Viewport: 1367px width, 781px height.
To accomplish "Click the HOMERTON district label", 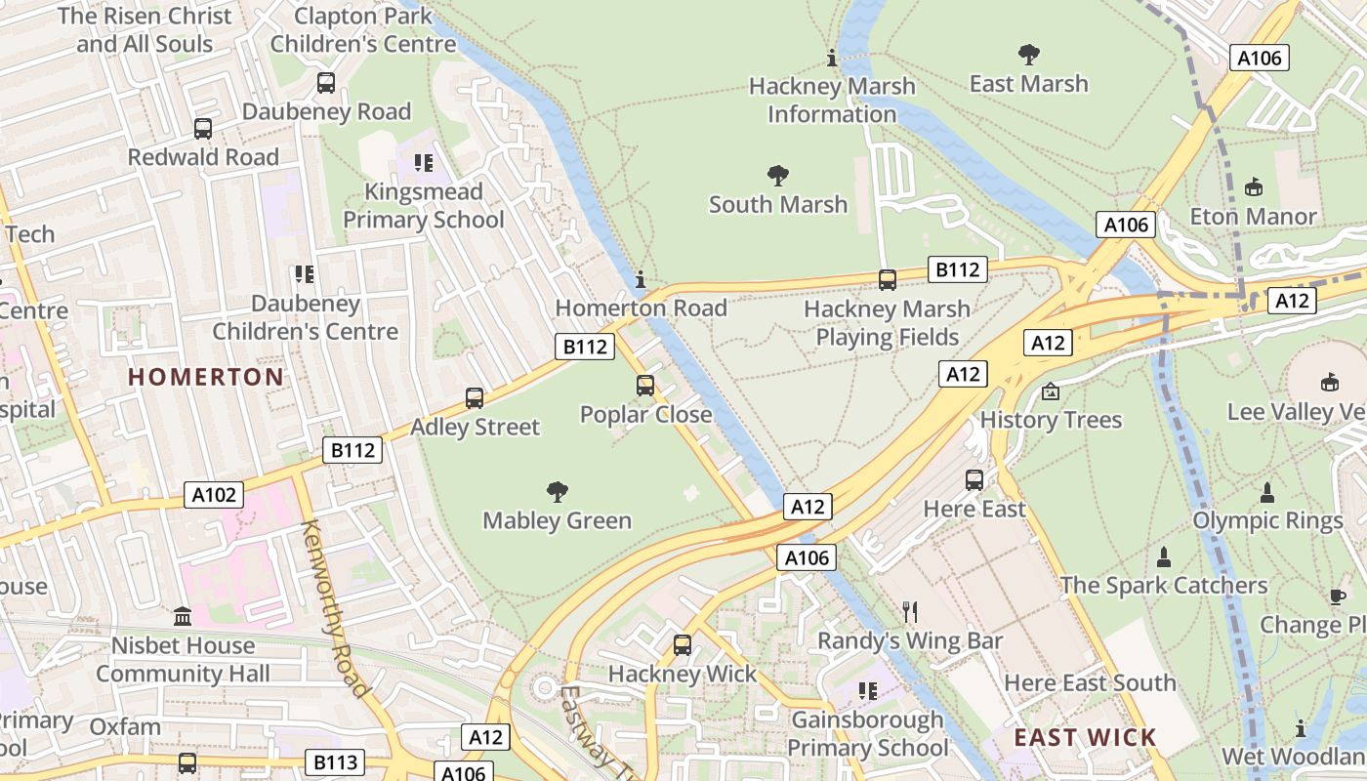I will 206,377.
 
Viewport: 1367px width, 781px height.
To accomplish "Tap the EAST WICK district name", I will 1085,737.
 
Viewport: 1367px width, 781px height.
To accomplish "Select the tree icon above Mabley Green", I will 558,491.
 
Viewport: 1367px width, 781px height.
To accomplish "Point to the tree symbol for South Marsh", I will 778,176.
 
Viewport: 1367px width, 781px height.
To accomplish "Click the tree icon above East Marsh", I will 1028,54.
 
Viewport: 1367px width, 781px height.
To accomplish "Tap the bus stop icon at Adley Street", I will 475,398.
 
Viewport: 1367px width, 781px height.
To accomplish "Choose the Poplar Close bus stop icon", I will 645,386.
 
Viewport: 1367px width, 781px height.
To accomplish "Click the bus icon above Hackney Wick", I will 683,644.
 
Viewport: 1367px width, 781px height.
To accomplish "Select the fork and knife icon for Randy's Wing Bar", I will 910,612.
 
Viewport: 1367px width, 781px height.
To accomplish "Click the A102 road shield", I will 214,495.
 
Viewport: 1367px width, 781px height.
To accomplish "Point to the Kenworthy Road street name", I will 336,609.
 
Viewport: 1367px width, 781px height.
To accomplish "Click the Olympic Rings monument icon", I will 1267,492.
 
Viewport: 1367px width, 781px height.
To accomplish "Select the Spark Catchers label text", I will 1164,586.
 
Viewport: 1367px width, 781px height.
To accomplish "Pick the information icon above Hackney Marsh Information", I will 832,59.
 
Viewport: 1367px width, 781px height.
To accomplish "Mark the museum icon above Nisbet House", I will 183,617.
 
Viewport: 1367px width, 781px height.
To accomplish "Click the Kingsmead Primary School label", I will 424,206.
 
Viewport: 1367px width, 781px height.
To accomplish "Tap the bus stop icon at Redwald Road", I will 203,129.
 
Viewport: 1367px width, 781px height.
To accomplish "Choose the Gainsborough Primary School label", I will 868,734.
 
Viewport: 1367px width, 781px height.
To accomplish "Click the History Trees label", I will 1051,421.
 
